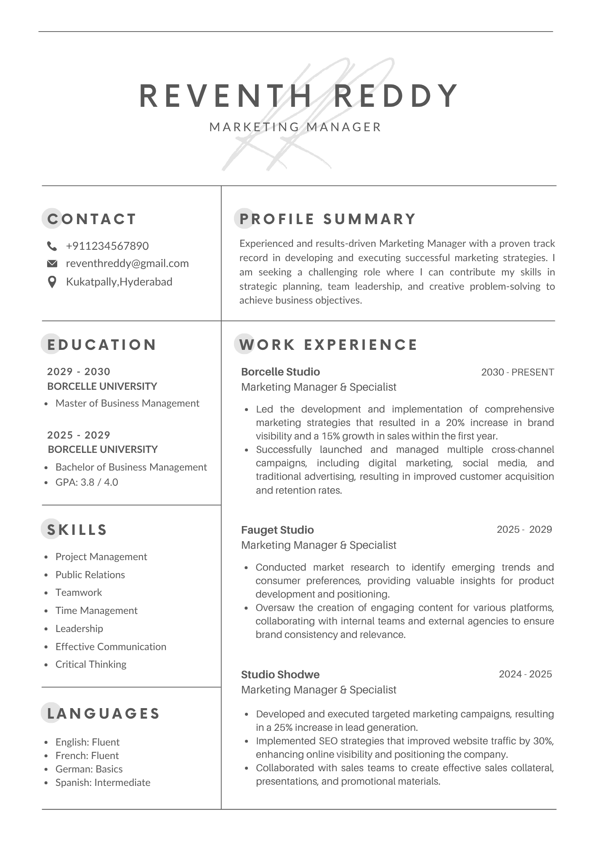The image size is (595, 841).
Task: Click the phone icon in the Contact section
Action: point(52,246)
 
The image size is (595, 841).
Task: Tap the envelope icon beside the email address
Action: point(52,264)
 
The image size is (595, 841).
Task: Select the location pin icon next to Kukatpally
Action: point(52,282)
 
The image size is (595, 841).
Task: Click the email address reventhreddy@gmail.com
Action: point(127,264)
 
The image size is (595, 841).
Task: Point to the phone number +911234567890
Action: point(107,246)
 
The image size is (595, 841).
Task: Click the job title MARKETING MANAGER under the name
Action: point(295,127)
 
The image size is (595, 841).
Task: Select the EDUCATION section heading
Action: point(101,345)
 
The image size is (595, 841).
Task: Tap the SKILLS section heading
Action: point(77,530)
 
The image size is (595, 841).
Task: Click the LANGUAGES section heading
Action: point(104,714)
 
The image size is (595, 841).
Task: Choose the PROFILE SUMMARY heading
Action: point(328,219)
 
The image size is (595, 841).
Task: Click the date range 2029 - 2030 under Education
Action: point(79,372)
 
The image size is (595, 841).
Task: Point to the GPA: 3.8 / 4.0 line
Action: point(87,482)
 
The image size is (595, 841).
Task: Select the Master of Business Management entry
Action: point(127,403)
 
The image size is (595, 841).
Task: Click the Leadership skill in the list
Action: point(79,629)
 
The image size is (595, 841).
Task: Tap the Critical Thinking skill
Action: point(91,664)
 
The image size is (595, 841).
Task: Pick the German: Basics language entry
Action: point(89,769)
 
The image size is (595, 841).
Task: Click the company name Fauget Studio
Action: point(277,530)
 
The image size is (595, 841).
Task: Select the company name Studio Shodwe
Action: point(280,674)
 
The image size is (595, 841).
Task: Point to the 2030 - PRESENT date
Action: point(517,372)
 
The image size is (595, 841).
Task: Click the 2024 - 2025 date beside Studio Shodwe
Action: point(525,674)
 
